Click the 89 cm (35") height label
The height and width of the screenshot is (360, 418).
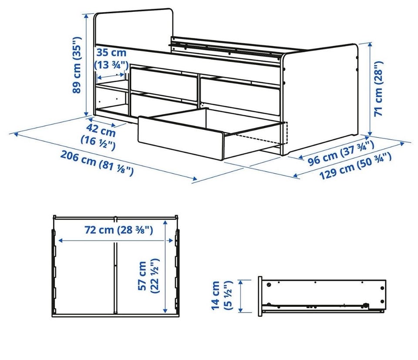pyautogui.click(x=77, y=65)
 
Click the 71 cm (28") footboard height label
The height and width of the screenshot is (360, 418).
pyautogui.click(x=378, y=89)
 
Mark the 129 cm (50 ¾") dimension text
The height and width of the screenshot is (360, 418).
pyautogui.click(x=355, y=166)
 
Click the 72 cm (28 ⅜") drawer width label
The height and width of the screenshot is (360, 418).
pyautogui.click(x=119, y=230)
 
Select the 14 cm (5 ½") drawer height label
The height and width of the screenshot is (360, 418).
pyautogui.click(x=222, y=295)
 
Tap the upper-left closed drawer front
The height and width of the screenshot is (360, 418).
pyautogui.click(x=164, y=80)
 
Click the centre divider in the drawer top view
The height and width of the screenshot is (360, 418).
pyautogui.click(x=115, y=277)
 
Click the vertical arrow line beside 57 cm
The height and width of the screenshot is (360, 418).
pyautogui.click(x=165, y=266)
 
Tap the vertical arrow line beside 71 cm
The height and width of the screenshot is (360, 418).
pyautogui.click(x=370, y=89)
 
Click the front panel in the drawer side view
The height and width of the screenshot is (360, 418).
pyautogui.click(x=260, y=296)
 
